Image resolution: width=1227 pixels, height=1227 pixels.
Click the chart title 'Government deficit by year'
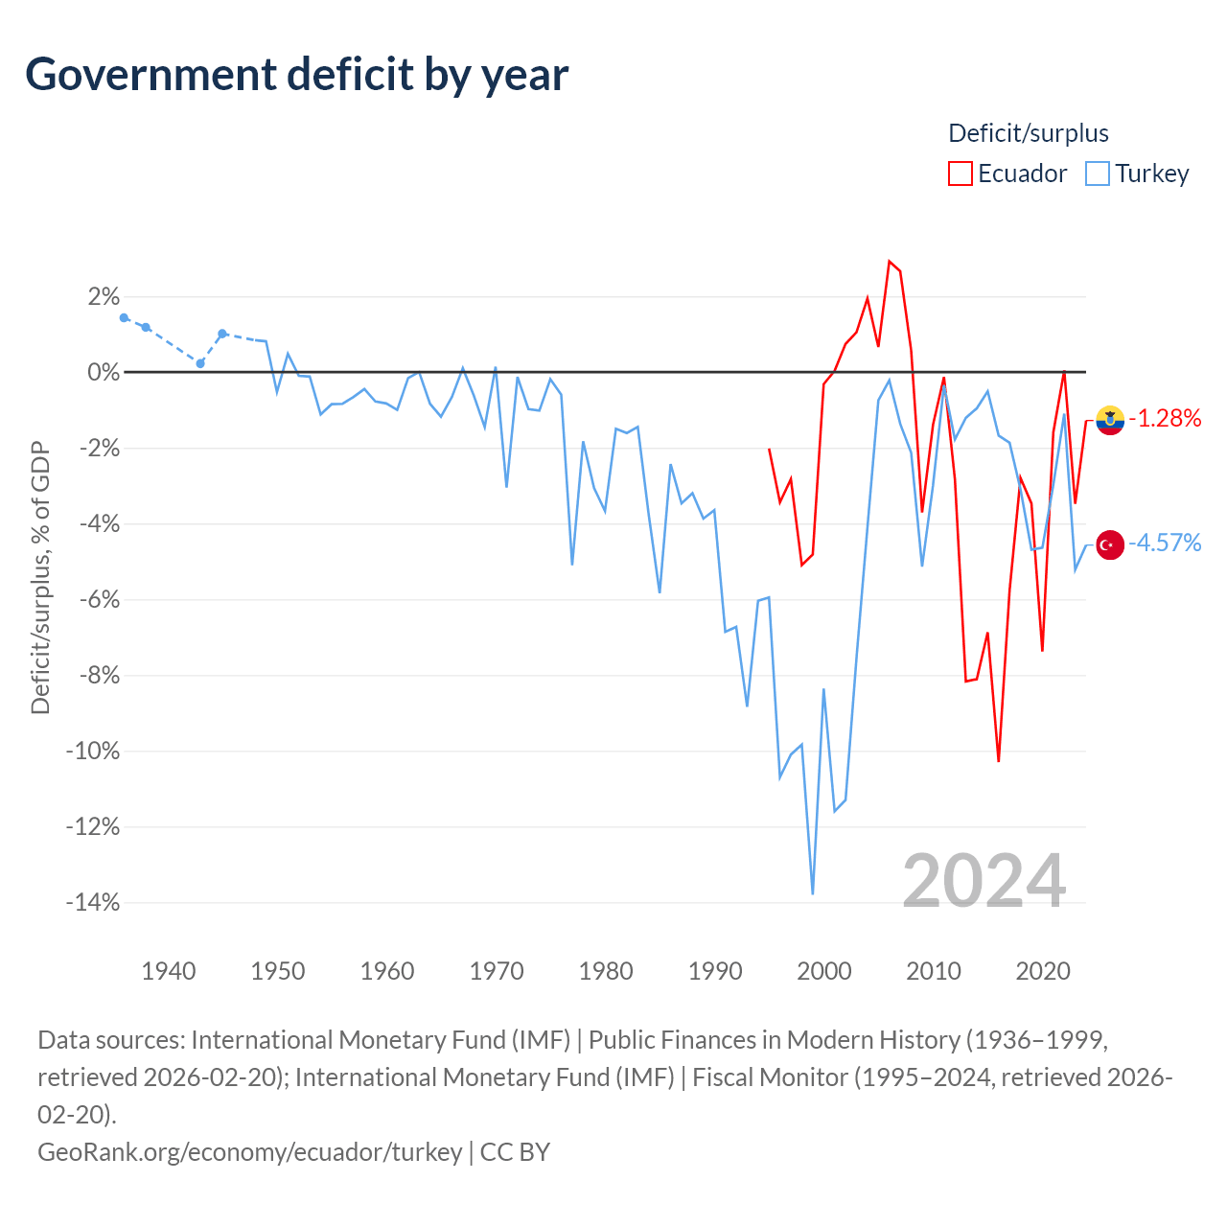click(x=296, y=75)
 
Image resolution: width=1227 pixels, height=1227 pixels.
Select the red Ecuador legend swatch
click(x=960, y=174)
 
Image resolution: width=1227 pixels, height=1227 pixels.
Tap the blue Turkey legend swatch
click(x=1097, y=174)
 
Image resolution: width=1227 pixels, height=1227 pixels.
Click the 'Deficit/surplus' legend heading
click(x=1028, y=133)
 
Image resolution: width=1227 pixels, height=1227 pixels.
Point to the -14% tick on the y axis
click(x=93, y=902)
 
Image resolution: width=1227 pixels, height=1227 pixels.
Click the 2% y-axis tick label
click(x=104, y=297)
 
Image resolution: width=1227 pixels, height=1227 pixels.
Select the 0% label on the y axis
click(x=104, y=373)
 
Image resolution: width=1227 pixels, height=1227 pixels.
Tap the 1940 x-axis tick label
click(x=168, y=971)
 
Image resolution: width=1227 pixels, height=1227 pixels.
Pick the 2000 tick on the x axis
click(x=824, y=971)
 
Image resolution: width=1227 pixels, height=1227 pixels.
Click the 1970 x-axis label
click(x=496, y=971)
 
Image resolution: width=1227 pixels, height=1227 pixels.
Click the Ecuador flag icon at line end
click(x=1110, y=420)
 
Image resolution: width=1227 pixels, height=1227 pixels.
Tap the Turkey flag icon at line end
click(x=1110, y=545)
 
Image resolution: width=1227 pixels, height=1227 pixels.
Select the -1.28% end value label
click(x=1165, y=418)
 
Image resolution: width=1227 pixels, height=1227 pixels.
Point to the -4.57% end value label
click(x=1165, y=544)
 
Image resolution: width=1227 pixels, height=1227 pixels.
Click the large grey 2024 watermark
click(x=984, y=881)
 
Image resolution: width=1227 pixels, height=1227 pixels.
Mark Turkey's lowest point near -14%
click(x=813, y=893)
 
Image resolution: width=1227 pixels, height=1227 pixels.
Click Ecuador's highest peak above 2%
click(x=889, y=261)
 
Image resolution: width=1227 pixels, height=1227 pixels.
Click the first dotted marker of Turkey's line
click(x=125, y=317)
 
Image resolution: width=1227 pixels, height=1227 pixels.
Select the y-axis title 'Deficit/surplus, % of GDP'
click(x=40, y=577)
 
